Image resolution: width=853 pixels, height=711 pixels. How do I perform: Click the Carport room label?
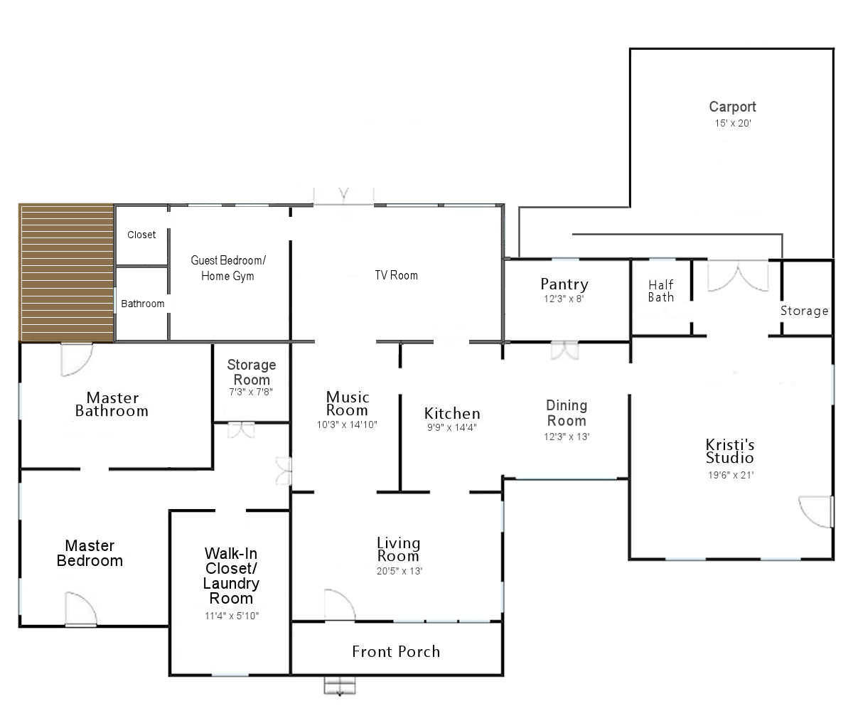pos(732,107)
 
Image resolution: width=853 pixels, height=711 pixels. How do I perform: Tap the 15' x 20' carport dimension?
pos(732,123)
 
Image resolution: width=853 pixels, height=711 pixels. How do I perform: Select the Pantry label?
pos(564,284)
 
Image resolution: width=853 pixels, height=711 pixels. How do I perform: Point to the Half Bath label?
pos(660,291)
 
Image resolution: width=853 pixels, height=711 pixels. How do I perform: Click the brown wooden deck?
pos(66,272)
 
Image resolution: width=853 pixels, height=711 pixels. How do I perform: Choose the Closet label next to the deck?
pos(141,235)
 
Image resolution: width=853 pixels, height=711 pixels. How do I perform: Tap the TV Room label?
pos(396,275)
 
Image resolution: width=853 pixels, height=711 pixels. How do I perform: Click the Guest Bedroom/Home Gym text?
pos(228,268)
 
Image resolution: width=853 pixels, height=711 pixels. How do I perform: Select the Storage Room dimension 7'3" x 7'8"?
pos(250,392)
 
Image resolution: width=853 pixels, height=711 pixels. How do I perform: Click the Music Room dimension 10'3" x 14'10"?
pos(347,424)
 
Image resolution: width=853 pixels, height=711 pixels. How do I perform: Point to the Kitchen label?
pos(452,413)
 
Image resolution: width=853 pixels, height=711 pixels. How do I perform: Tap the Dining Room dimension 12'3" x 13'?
pos(567,437)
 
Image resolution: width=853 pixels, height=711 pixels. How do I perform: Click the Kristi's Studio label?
pos(729,451)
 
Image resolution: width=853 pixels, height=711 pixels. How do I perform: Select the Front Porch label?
pos(396,652)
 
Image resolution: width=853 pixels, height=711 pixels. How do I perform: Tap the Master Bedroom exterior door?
pos(81,609)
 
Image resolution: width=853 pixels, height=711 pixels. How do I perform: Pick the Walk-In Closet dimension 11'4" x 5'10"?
pos(232,616)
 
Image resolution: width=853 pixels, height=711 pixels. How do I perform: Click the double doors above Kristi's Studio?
pos(738,277)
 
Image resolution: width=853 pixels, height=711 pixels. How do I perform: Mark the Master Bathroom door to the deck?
pos(76,360)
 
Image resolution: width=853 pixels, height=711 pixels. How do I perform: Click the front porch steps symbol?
pos(340,686)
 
